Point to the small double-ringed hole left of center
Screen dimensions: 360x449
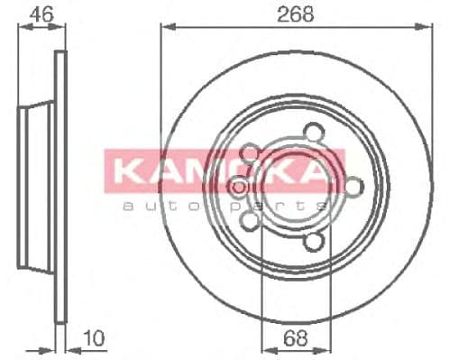(x=239, y=187)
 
